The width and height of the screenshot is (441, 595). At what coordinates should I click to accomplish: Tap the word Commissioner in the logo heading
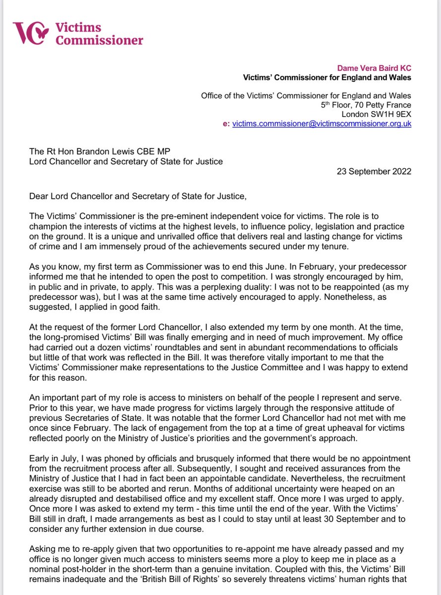[99, 40]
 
